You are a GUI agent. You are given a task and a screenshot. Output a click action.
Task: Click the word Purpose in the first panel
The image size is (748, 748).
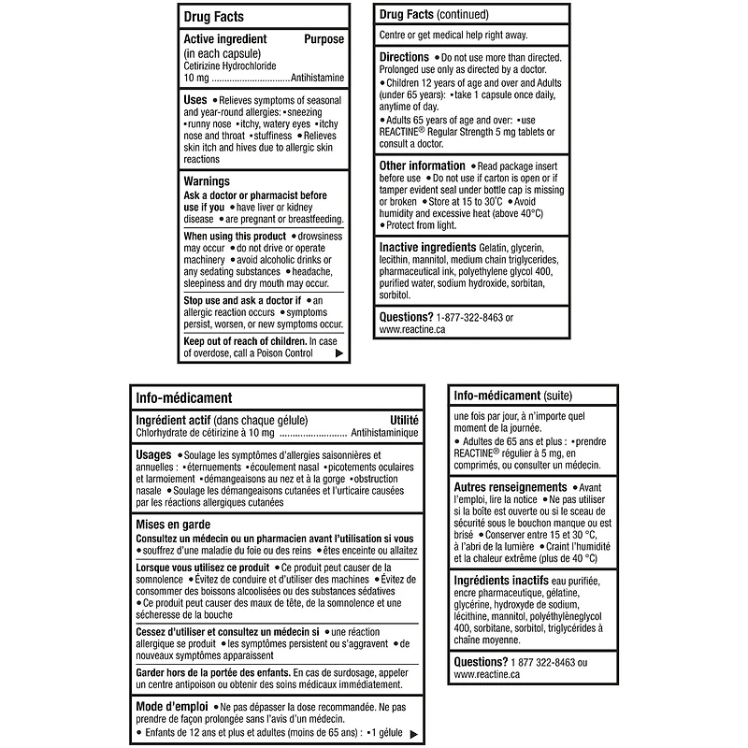324,39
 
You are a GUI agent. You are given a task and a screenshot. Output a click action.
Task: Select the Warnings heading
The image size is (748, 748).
208,180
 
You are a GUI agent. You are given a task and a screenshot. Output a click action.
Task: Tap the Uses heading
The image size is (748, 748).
196,99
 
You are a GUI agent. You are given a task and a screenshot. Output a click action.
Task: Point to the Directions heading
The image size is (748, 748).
404,58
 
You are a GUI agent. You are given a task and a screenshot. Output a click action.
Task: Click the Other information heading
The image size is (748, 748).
422,166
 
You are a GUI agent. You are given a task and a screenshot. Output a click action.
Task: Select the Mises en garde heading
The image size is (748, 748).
173,525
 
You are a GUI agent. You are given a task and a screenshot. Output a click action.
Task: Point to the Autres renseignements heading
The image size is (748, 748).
510,488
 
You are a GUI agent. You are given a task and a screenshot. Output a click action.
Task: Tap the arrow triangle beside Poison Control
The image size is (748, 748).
338,353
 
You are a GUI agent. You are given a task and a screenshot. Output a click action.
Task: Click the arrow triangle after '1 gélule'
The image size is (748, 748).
412,733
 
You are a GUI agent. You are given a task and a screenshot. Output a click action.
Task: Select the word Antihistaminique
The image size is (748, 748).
384,434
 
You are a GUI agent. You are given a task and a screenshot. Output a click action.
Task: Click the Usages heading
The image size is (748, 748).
153,454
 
